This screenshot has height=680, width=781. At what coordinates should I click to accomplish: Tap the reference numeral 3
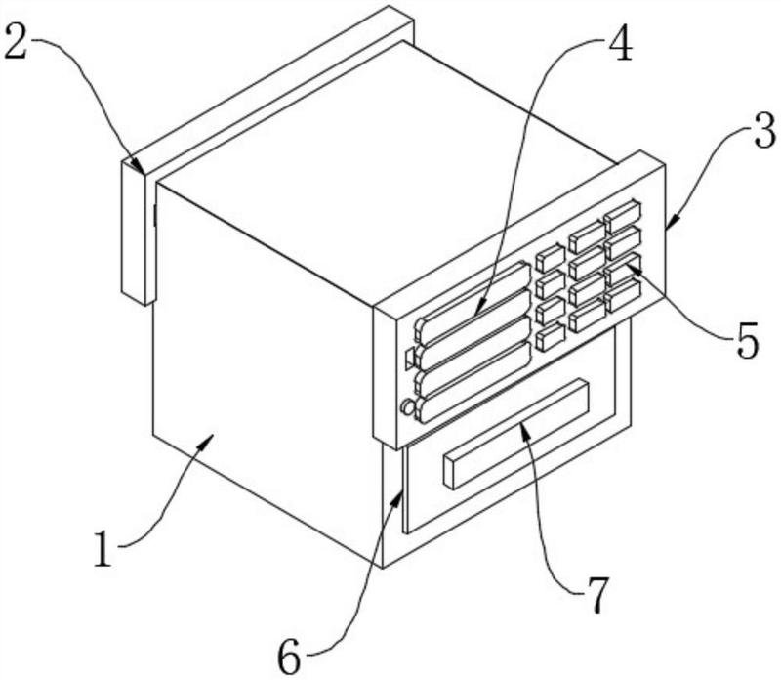[764, 131]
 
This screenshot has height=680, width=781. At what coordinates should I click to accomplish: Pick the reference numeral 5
[747, 341]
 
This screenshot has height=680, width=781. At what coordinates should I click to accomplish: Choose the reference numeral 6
[290, 656]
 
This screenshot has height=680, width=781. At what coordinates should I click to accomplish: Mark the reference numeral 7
[596, 595]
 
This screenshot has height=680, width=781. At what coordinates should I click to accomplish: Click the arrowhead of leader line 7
[522, 428]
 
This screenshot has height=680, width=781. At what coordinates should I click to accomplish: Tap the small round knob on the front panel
[408, 407]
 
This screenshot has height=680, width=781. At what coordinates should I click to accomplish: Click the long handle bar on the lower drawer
[516, 434]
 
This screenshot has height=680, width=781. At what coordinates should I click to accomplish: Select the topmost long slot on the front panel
[473, 303]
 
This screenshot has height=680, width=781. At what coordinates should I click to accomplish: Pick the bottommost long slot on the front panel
[473, 382]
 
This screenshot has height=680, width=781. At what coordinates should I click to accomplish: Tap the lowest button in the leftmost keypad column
[551, 337]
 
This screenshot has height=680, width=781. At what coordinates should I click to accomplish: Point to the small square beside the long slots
[409, 359]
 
